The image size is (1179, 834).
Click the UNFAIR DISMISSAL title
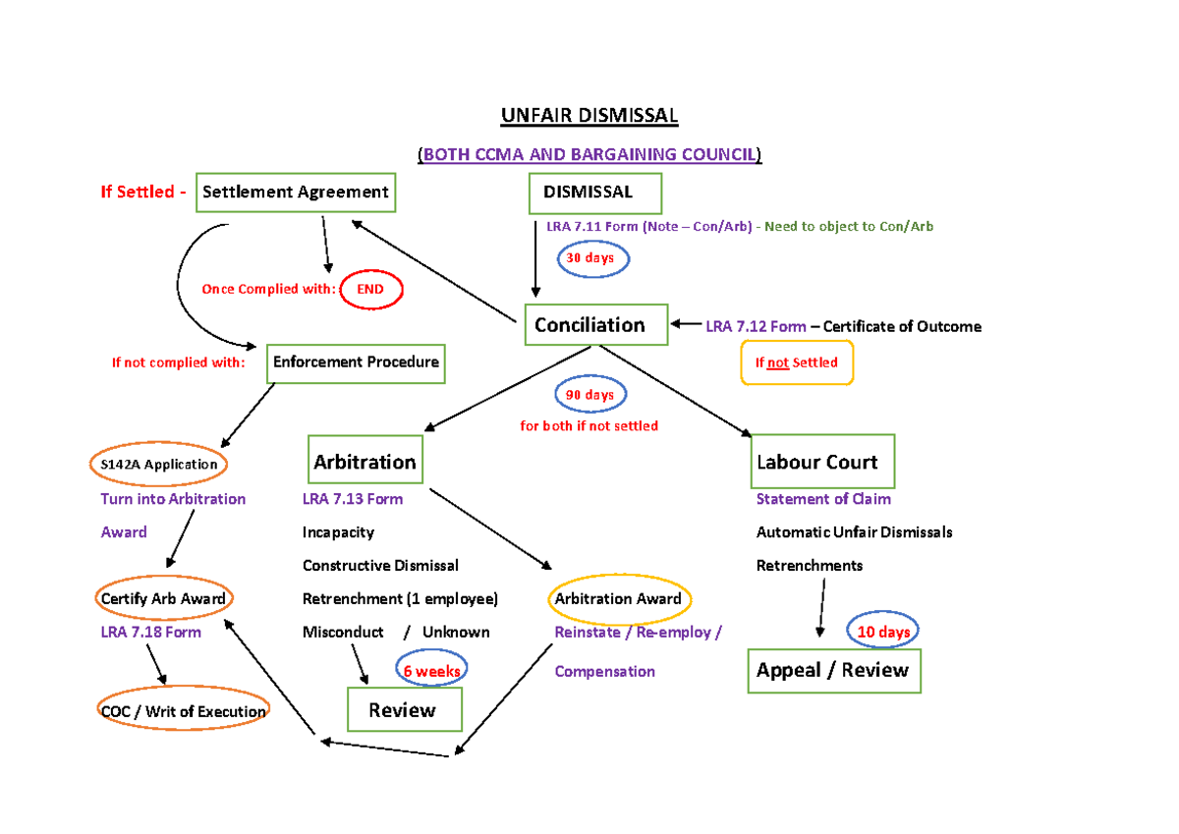589,116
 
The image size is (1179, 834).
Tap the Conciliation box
596,325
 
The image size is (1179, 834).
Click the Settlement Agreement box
296,193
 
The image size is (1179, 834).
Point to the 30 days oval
591,258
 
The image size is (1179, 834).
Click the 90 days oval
590,395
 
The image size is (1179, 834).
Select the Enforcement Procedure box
356,362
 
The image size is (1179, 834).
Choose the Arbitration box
365,462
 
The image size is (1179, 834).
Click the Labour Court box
821,462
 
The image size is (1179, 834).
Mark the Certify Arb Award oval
163,598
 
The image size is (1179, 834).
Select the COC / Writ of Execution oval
183,711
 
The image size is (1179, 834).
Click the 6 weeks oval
430,669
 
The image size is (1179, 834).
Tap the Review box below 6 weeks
404,709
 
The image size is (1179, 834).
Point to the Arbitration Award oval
618,598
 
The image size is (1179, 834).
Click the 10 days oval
883,632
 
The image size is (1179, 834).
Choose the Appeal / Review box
833,671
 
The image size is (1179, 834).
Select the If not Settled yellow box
797,362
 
